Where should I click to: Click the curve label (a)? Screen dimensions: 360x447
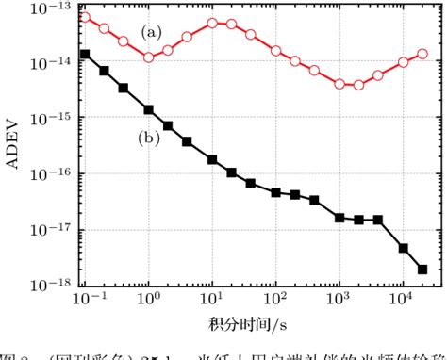coord(152,31)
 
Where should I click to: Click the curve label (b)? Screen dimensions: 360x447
coord(148,139)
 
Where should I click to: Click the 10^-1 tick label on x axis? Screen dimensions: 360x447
coord(84,303)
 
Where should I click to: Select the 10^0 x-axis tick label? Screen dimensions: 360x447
coord(149,303)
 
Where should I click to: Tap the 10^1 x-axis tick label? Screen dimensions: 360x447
coord(212,303)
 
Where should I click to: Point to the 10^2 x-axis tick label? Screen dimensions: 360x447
coord(275,303)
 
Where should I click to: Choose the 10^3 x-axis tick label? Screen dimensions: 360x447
coord(339,303)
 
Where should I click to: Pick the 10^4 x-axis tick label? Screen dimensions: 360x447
coord(403,303)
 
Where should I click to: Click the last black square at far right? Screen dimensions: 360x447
coord(422,269)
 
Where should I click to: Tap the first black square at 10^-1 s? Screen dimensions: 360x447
coord(85,54)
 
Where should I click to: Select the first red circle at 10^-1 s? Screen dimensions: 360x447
coord(85,17)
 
